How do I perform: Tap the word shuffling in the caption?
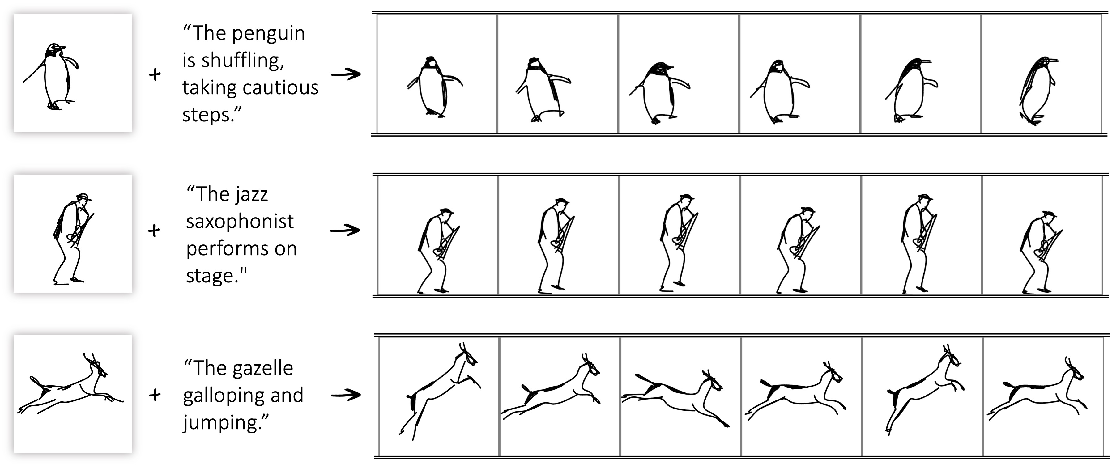point(242,61)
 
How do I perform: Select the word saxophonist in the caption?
point(240,222)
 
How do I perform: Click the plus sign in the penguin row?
point(155,75)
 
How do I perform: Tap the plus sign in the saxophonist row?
point(154,231)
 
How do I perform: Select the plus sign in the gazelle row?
point(155,395)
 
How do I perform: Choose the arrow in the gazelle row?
point(346,395)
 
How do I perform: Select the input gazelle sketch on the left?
point(70,385)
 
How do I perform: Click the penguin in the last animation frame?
point(1038,91)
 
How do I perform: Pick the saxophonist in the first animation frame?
point(438,251)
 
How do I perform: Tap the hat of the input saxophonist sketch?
point(83,197)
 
